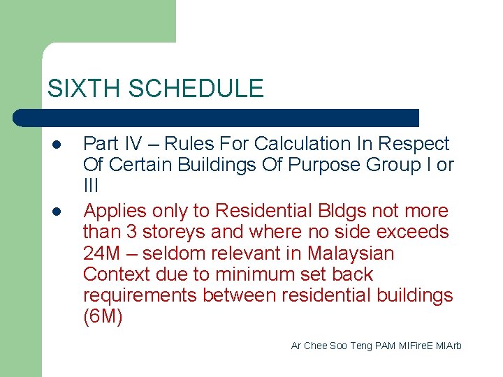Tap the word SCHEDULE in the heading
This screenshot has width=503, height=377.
(196, 89)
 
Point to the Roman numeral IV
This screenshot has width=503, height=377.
(133, 144)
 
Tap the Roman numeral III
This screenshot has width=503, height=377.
(91, 187)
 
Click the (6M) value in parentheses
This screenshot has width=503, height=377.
(102, 318)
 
